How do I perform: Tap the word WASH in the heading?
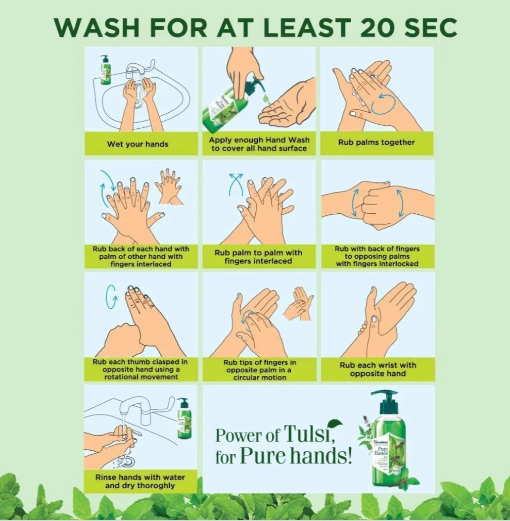pyautogui.click(x=97, y=27)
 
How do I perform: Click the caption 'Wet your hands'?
pyautogui.click(x=137, y=144)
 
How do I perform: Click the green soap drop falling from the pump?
pyautogui.click(x=265, y=99)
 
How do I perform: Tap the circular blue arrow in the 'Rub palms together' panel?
pyautogui.click(x=383, y=104)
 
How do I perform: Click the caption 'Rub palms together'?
pyautogui.click(x=377, y=142)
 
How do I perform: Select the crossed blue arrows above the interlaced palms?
pyautogui.click(x=236, y=184)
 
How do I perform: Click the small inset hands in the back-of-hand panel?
pyautogui.click(x=169, y=186)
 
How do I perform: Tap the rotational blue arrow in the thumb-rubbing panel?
pyautogui.click(x=111, y=297)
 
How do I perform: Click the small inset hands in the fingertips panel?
pyautogui.click(x=298, y=304)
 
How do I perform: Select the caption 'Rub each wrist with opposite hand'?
pyautogui.click(x=378, y=369)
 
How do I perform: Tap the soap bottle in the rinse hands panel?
pyautogui.click(x=184, y=418)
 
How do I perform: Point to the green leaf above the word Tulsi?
pyautogui.click(x=335, y=424)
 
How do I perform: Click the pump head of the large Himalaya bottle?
pyautogui.click(x=385, y=397)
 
